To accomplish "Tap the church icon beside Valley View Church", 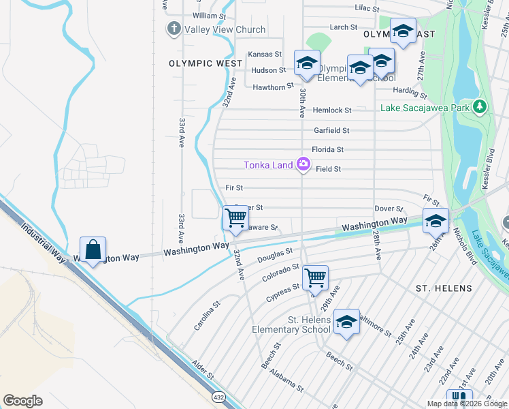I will [x=174, y=29].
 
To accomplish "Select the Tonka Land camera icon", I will [x=303, y=164].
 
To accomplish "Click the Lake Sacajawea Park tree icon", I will [x=480, y=107].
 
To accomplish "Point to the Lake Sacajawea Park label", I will [x=425, y=108].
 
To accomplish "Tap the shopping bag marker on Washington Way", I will [x=93, y=249].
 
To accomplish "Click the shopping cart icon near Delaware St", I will [x=235, y=218].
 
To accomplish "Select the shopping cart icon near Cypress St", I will [x=315, y=277].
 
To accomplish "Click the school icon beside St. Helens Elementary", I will [x=346, y=321].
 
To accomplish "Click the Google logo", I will [x=22, y=401].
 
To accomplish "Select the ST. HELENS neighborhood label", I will [x=444, y=288].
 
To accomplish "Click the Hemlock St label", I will [x=332, y=110].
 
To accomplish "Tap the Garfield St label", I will [x=331, y=130].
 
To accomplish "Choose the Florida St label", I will [x=327, y=149].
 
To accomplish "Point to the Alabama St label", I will [x=285, y=379].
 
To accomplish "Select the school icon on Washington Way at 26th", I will [x=436, y=219].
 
